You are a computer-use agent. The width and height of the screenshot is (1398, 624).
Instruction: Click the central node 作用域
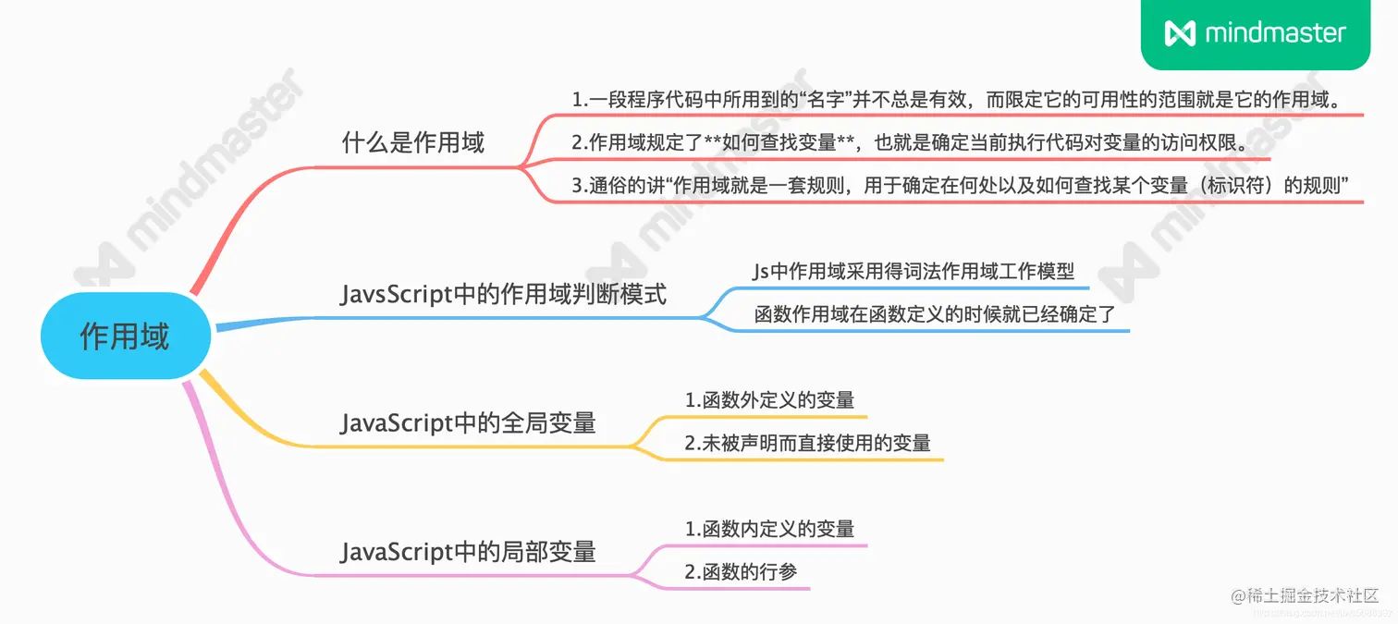(125, 336)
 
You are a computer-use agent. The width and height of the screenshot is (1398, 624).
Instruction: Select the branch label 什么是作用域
(412, 143)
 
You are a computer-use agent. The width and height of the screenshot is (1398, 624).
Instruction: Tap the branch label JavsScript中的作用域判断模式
(503, 295)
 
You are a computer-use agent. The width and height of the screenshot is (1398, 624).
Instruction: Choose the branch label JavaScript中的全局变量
(468, 423)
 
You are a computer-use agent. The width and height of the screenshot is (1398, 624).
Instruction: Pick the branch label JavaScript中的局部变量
(468, 552)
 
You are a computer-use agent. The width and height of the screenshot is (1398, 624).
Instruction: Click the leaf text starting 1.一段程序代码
(956, 100)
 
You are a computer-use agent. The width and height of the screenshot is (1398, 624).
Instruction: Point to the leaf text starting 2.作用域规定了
(909, 142)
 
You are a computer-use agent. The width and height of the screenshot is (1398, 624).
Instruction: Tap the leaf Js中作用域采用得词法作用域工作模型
(914, 272)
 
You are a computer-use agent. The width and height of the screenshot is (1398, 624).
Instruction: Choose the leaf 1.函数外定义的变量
(769, 400)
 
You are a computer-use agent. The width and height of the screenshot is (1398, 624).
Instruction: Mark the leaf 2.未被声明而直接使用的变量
(807, 443)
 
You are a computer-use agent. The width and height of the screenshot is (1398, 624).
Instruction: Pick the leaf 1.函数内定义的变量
(769, 529)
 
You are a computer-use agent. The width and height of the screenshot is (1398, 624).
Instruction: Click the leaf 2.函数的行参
(741, 571)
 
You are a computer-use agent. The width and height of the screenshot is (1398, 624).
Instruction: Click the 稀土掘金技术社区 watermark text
(1312, 595)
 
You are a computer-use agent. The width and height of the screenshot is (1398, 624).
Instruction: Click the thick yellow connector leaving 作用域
(231, 407)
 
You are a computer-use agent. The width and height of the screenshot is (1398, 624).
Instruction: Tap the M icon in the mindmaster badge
(1180, 34)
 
